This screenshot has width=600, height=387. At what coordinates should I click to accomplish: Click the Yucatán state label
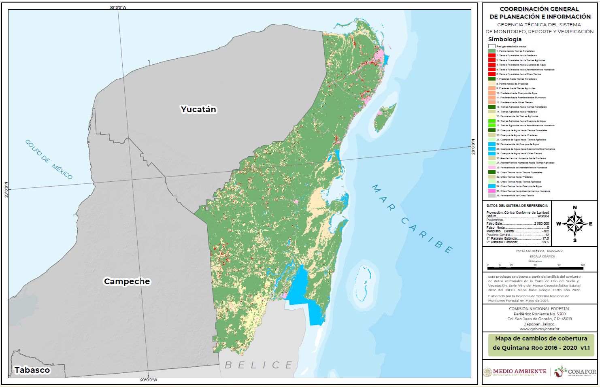pos(198,109)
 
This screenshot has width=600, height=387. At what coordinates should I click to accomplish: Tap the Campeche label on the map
pos(127,281)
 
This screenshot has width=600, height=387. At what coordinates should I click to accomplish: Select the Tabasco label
pos(32,370)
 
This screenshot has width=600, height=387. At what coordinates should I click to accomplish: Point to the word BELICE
pos(258,365)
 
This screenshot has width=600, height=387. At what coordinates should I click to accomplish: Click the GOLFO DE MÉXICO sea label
pos(49,159)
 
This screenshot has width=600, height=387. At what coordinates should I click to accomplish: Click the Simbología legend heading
pos(504,39)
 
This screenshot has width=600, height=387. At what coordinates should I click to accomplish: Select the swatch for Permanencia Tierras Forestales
pos(491,51)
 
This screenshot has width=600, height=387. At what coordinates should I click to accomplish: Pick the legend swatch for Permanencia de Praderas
pos(491,84)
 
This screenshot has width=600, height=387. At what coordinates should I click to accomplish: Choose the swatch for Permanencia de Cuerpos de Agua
pos(491,144)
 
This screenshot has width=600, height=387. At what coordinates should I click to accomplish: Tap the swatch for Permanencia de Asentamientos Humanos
pos(491,168)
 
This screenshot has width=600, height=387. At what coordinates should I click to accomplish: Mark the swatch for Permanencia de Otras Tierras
pos(491,196)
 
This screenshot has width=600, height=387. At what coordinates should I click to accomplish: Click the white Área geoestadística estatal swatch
pos(491,46)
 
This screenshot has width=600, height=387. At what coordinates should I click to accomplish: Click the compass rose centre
pos(574,223)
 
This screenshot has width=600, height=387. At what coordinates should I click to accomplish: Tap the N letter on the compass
pos(575,208)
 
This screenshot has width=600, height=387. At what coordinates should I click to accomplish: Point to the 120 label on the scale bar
pos(583,265)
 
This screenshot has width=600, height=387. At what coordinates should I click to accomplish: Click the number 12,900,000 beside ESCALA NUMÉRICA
pos(554,251)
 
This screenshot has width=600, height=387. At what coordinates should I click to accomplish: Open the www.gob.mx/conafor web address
pos(539,329)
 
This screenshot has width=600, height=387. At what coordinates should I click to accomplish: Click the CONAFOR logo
pos(575,372)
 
